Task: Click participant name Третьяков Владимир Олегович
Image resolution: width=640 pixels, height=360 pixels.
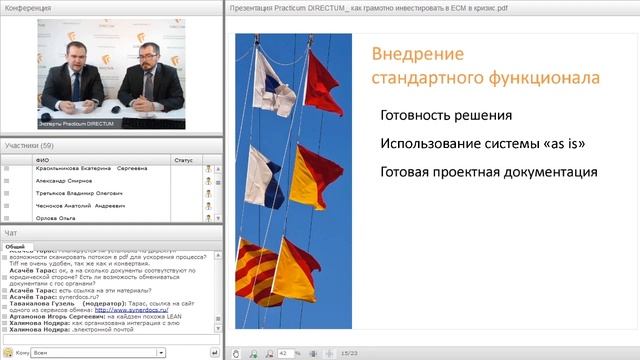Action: point(77,193)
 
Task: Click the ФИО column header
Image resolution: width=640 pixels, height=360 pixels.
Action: point(41,158)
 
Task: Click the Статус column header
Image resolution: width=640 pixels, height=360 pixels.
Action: point(183,158)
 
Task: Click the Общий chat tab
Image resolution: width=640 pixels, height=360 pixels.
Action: point(15,245)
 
